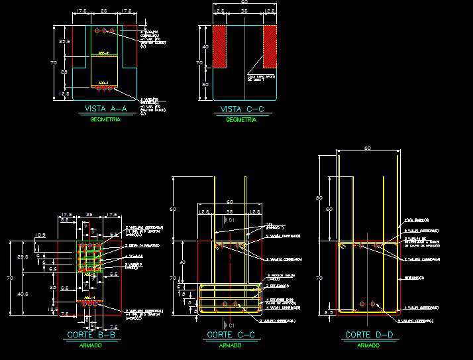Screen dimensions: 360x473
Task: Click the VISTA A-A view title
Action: (x=103, y=109)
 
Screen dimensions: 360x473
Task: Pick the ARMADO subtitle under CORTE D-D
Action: (x=368, y=345)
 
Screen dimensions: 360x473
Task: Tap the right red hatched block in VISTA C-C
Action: (x=270, y=46)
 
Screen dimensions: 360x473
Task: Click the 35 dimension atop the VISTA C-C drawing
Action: (x=244, y=12)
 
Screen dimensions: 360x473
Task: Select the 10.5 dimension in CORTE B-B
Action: (x=40, y=235)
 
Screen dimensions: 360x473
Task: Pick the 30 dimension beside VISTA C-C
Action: (x=206, y=85)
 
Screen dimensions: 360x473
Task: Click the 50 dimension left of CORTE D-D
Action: (x=328, y=198)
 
